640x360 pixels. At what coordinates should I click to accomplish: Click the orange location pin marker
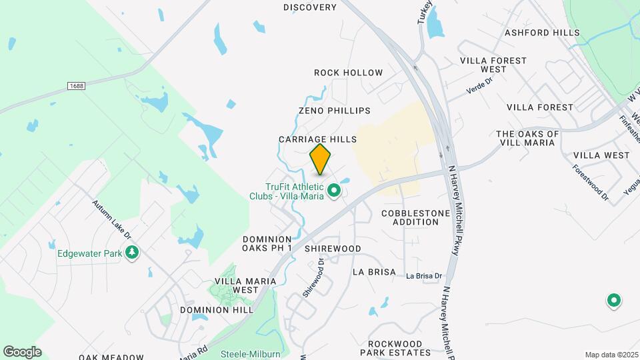[321, 159]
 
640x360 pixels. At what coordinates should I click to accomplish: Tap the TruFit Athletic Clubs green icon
[334, 192]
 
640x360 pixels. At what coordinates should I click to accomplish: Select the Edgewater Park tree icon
[133, 253]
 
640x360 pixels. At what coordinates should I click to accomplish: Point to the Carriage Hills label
[318, 139]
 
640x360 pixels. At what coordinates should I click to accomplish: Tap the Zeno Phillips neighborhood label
[334, 110]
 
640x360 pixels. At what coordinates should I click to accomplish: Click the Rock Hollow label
[348, 72]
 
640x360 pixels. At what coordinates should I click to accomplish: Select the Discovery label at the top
[310, 7]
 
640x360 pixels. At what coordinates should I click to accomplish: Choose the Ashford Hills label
[537, 32]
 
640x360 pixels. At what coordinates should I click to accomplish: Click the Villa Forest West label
[493, 65]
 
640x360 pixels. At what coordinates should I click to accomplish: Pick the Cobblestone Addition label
[410, 217]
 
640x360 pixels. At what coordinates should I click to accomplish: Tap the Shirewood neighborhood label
[333, 249]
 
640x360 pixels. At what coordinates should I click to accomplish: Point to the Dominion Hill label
[216, 310]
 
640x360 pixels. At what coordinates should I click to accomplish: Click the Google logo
[22, 352]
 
